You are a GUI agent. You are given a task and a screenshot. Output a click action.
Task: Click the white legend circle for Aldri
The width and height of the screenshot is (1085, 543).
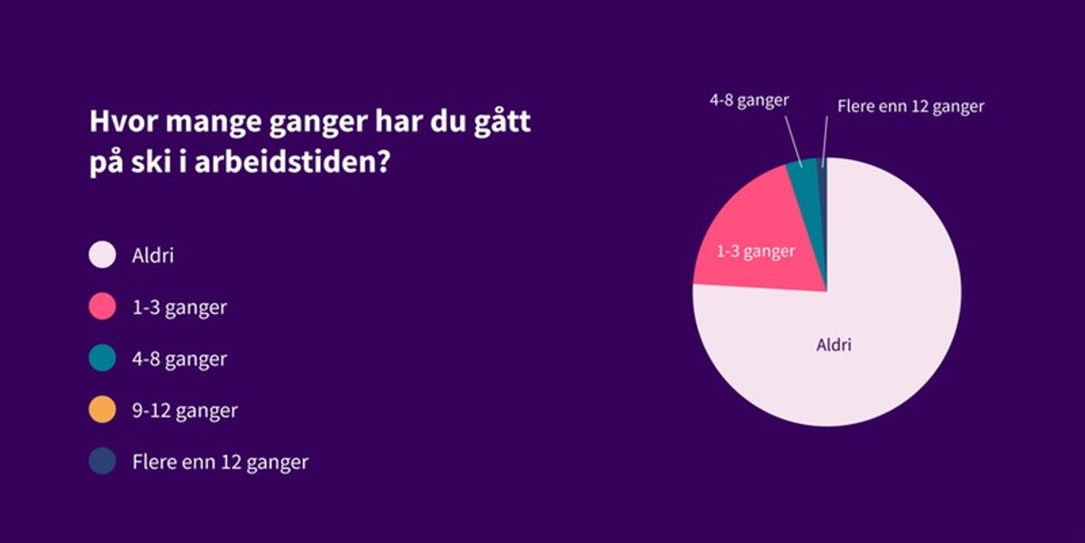[x=102, y=255]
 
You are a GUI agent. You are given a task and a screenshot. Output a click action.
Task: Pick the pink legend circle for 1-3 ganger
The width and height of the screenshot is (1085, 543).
[x=102, y=307]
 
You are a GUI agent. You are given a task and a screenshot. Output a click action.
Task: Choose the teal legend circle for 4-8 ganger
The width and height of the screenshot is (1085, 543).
[x=102, y=358]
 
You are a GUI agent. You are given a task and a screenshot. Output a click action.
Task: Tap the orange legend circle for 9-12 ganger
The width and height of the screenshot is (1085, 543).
[x=102, y=410]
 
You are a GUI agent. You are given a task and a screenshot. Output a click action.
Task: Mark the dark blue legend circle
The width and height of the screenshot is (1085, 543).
[x=102, y=462]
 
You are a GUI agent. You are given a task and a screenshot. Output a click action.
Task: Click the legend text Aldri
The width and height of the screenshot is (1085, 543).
[x=153, y=255]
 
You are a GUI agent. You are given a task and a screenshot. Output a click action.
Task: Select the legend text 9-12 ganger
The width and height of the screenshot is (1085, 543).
[x=184, y=410]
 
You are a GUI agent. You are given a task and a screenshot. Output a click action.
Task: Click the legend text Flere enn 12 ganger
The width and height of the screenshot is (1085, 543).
[x=220, y=462]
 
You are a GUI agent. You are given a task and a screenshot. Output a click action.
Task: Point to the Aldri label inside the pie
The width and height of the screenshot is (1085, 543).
[x=834, y=345]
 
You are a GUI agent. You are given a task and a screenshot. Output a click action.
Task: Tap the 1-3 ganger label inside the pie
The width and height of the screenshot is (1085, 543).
[x=755, y=251]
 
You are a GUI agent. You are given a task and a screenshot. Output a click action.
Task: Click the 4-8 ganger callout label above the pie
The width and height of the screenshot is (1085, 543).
[x=748, y=100]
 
